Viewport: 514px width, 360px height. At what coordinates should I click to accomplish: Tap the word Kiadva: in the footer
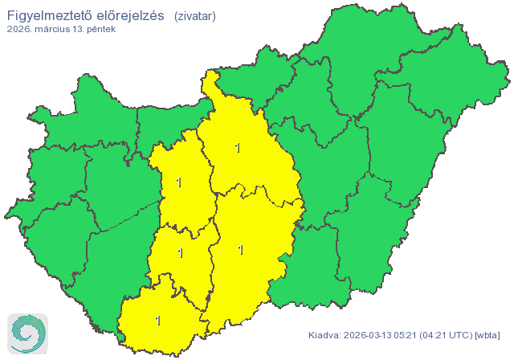tap(326, 334)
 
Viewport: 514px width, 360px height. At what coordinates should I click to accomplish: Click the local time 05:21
tap(414, 334)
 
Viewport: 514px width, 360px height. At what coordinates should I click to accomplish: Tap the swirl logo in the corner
tap(27, 333)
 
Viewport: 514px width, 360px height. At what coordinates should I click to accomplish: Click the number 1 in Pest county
tap(237, 148)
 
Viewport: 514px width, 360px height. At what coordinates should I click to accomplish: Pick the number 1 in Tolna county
tap(181, 254)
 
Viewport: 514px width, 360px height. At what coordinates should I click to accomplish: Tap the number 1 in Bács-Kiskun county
tap(241, 250)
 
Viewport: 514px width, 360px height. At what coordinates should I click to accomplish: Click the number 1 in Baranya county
tap(158, 321)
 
